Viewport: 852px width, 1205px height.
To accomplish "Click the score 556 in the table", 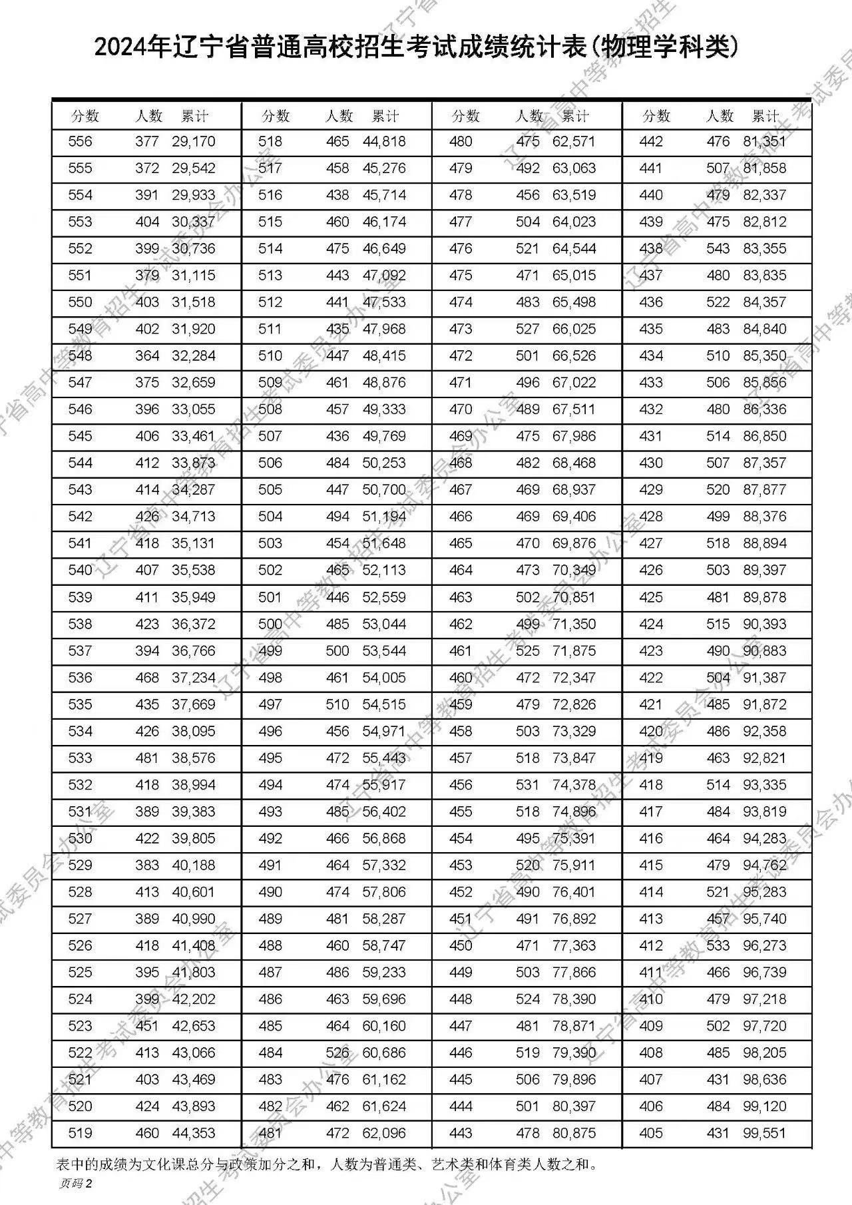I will [80, 142].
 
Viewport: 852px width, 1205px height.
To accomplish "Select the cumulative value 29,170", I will [194, 142].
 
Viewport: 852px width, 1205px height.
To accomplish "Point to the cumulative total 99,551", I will [765, 1133].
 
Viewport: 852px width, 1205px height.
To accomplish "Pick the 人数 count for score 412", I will [718, 946].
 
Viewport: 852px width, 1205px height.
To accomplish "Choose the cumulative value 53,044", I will [384, 624].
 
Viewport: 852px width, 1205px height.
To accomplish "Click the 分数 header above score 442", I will [656, 117].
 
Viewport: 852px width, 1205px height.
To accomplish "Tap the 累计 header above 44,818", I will [385, 117].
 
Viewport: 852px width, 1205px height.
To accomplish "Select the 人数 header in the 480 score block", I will [529, 117].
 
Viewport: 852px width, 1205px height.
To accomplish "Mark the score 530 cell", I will [80, 839].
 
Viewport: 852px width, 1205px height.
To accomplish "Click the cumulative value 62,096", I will [384, 1133].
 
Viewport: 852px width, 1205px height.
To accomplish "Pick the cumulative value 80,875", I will [574, 1133].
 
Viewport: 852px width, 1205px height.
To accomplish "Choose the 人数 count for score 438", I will [718, 249].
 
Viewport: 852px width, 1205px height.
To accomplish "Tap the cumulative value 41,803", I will [194, 973].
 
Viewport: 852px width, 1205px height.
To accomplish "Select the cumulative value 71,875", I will [574, 651].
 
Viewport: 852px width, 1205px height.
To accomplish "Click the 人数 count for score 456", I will [528, 785].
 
